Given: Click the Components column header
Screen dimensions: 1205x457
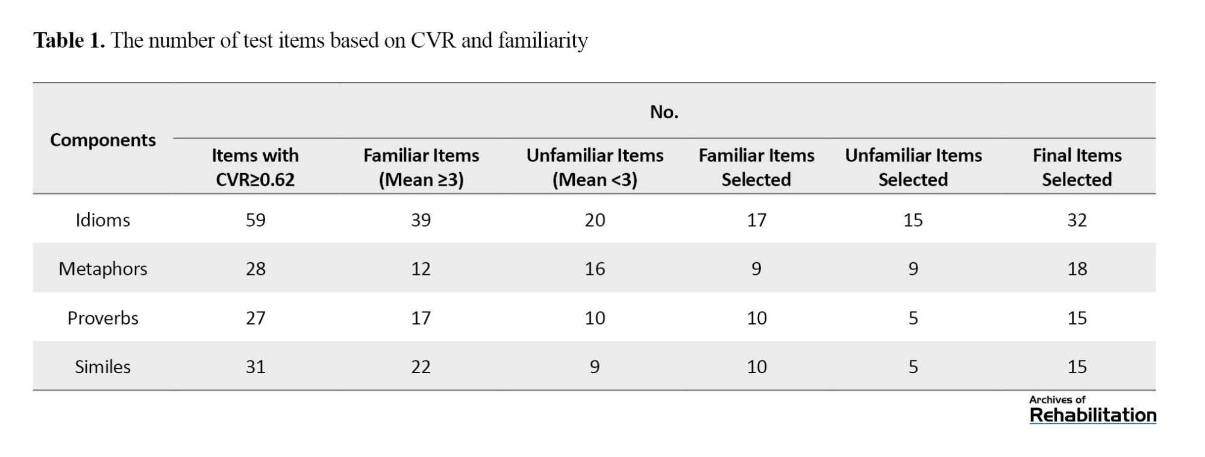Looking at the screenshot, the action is pyautogui.click(x=102, y=140).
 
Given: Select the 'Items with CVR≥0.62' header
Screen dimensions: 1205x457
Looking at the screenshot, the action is pyautogui.click(x=255, y=167).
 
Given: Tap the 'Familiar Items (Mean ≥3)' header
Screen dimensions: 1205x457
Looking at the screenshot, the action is pyautogui.click(x=421, y=167).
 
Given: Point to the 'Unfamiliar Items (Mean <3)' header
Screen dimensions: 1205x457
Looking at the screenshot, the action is pyautogui.click(x=595, y=167).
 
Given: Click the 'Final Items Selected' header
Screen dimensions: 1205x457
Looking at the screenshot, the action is pyautogui.click(x=1077, y=167).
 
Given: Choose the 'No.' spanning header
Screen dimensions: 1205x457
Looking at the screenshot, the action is pyautogui.click(x=664, y=112).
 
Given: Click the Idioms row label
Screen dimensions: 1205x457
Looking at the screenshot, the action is pyautogui.click(x=102, y=220).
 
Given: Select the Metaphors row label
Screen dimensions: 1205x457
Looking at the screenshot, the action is pyautogui.click(x=102, y=269).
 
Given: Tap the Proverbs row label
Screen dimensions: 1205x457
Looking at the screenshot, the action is pyautogui.click(x=102, y=318).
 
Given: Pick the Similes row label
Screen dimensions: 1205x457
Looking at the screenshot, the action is pyautogui.click(x=102, y=367).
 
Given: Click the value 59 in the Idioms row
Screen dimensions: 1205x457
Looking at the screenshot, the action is pyautogui.click(x=255, y=220).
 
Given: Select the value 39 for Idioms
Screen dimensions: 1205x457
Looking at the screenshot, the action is pyautogui.click(x=421, y=220).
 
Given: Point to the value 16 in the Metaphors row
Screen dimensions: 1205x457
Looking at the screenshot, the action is pyautogui.click(x=595, y=269).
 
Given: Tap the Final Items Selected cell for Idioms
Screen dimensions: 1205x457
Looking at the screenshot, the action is pyautogui.click(x=1077, y=220).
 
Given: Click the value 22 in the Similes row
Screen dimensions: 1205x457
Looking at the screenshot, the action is pyautogui.click(x=421, y=367).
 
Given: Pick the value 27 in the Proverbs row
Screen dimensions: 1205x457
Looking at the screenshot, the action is pyautogui.click(x=255, y=318).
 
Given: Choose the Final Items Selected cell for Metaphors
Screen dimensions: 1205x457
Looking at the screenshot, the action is pyautogui.click(x=1077, y=269).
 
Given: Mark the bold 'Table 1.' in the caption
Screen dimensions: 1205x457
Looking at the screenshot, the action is pyautogui.click(x=69, y=40).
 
